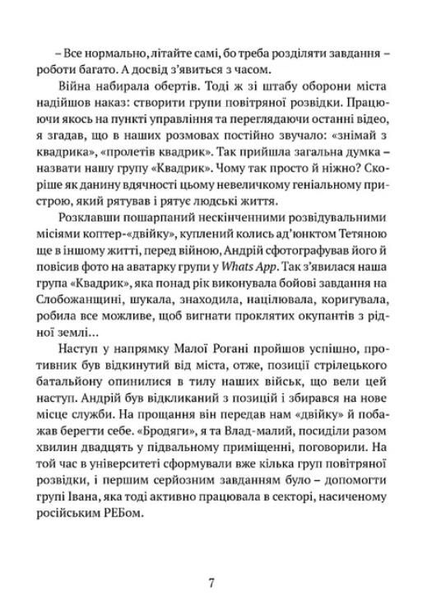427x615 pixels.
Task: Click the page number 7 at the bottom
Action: click(212, 583)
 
